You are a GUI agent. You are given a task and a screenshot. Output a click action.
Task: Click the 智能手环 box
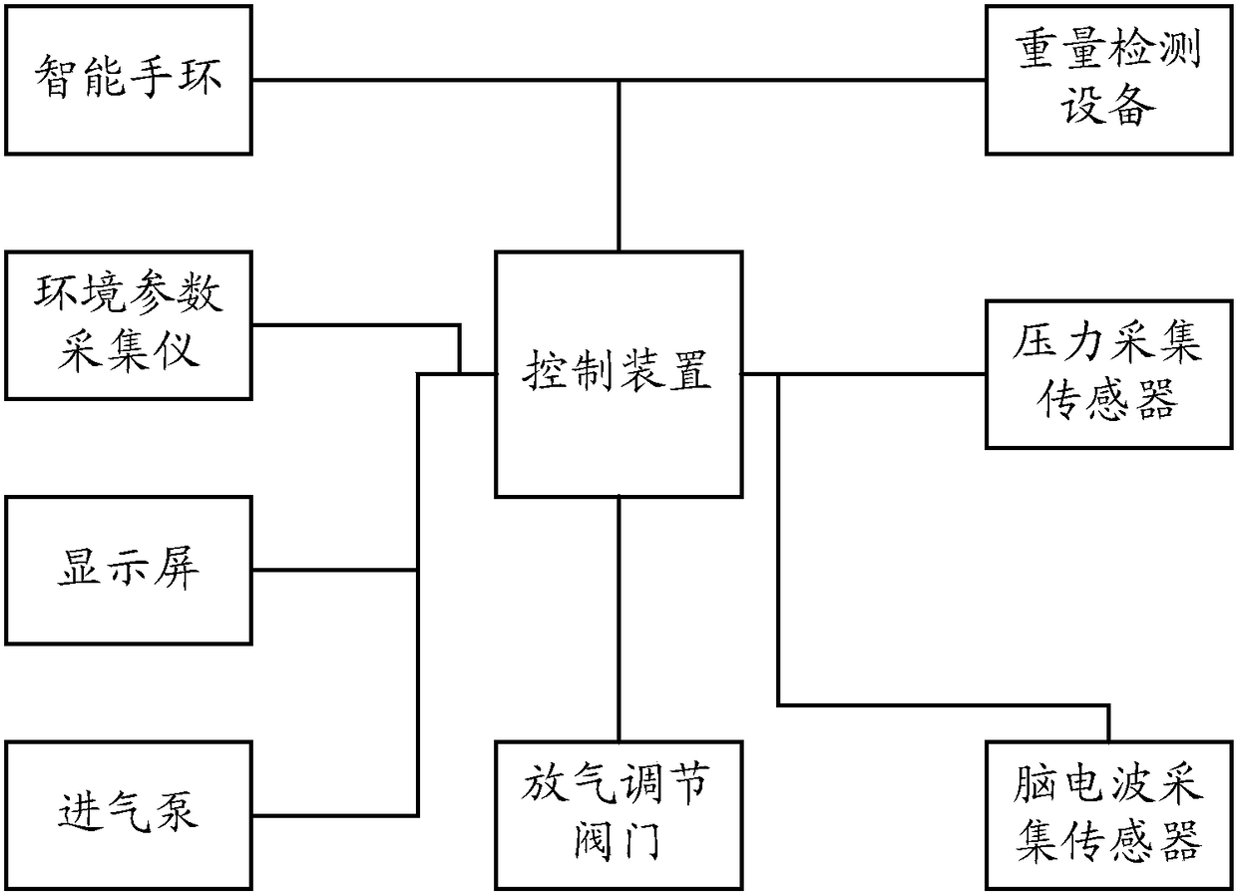pos(128,80)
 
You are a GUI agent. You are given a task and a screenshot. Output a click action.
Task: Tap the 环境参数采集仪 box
pos(128,325)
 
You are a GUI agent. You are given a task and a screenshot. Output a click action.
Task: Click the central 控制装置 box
pos(618,374)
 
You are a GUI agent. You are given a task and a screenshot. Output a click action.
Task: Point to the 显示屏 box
pos(128,570)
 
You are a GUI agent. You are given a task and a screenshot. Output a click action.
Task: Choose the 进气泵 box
pos(128,814)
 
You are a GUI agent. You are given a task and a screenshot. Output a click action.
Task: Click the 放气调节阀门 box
pos(618,814)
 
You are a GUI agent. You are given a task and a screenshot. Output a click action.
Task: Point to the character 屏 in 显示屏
pos(178,568)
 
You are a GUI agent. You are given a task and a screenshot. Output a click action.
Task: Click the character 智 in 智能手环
pos(56,77)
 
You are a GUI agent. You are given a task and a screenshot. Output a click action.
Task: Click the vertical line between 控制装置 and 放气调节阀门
pos(618,619)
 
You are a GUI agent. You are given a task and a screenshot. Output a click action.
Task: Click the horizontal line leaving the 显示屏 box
pos(334,570)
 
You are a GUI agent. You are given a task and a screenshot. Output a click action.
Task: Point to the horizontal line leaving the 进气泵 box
pos(334,814)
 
